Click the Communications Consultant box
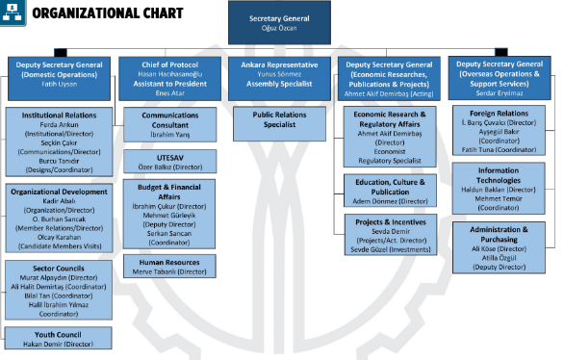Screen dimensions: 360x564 169,123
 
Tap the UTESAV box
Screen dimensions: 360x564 169,160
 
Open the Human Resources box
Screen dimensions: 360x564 169,265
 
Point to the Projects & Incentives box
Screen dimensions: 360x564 390,234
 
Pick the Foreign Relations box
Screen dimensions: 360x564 500,129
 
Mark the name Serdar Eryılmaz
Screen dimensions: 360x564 500,92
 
